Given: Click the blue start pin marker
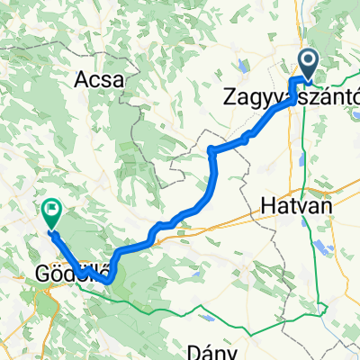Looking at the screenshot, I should pyautogui.click(x=308, y=63).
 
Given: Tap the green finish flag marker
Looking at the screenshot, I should pyautogui.click(x=51, y=213).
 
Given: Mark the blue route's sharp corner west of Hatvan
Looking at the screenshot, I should pyautogui.click(x=210, y=150).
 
